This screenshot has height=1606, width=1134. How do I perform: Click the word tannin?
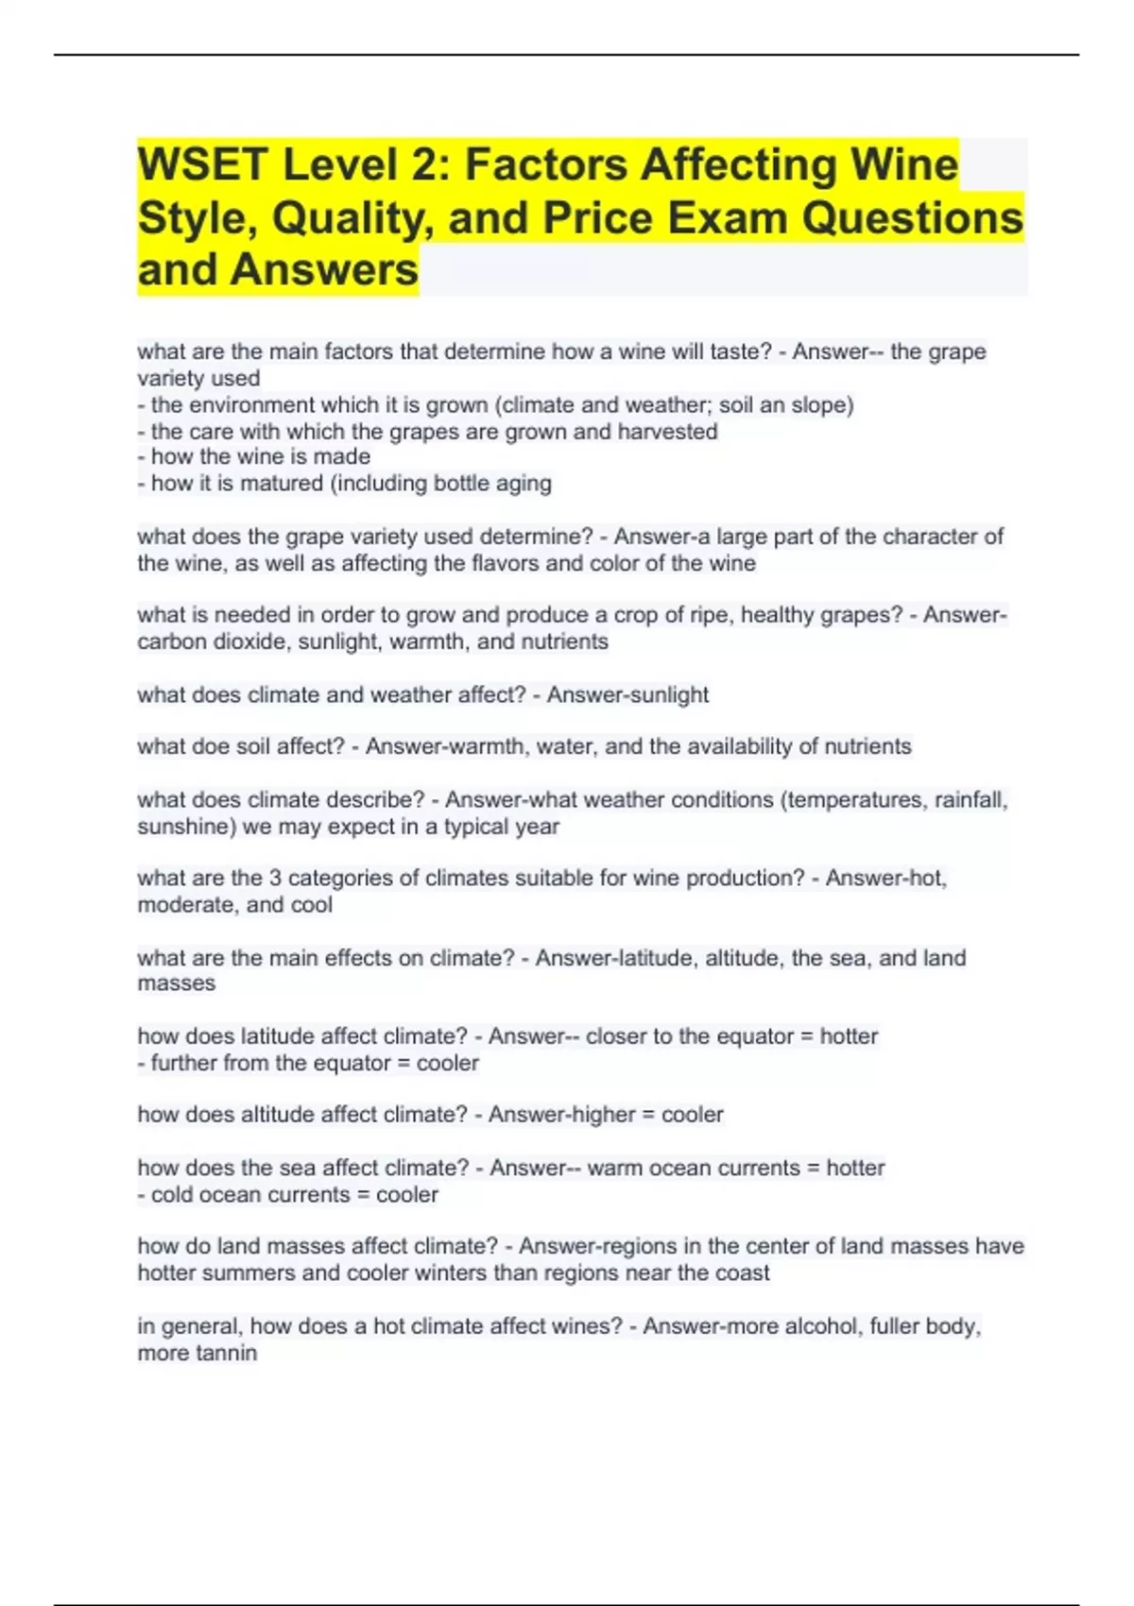(x=226, y=1353)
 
